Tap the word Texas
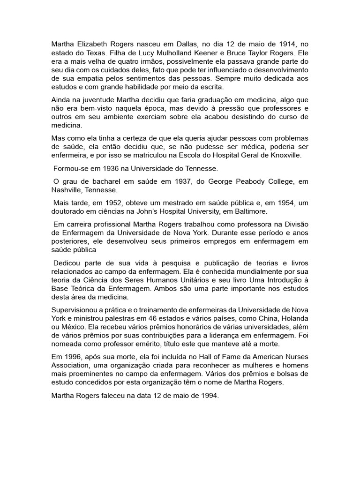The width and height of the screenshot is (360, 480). tap(97, 52)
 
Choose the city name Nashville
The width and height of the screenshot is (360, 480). tap(67, 190)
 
